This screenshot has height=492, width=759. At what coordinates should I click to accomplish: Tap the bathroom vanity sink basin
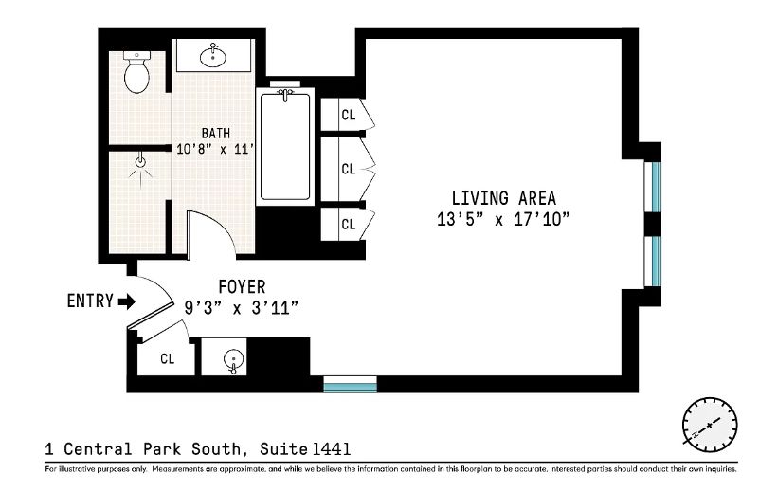tap(213, 57)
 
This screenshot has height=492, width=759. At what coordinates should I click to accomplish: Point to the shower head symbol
tap(140, 163)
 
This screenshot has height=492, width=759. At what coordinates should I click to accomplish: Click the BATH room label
tap(214, 133)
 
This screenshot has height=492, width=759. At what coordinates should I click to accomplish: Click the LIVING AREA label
tap(503, 198)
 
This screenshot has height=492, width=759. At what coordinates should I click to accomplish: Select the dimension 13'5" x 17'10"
tap(503, 219)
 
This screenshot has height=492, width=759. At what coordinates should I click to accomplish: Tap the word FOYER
tap(242, 286)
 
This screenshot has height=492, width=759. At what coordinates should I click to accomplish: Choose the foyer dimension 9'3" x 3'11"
tap(242, 307)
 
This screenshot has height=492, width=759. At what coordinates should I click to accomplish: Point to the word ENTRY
tap(90, 301)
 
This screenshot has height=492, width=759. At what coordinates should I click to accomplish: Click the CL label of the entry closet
tap(168, 358)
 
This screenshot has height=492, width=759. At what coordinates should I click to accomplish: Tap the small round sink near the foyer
tap(233, 359)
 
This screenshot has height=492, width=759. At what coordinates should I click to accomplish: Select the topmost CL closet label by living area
tap(348, 115)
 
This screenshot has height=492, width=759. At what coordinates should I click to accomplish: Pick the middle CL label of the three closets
tap(348, 169)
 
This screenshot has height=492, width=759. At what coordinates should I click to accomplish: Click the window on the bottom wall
tap(350, 384)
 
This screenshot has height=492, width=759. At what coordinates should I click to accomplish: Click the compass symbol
tap(710, 423)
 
